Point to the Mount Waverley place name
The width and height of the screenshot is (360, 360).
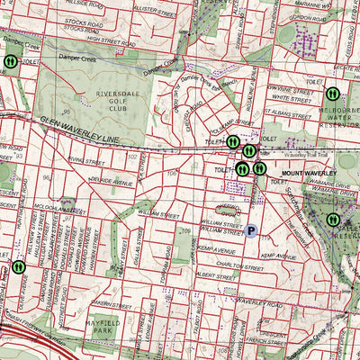click(x=308, y=172)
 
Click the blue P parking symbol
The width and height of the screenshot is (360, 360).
click(x=252, y=231)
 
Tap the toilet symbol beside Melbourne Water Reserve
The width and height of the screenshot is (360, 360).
click(x=331, y=92)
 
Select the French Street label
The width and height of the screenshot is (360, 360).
click(x=269, y=343)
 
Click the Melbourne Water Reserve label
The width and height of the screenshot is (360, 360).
click(x=340, y=115)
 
